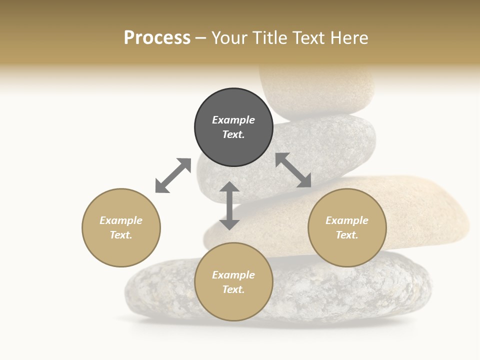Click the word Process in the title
tap(157, 38)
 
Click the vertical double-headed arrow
tap(229, 206)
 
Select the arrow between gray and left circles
tap(173, 175)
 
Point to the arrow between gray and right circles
tap(293, 170)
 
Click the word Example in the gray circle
tap(233, 120)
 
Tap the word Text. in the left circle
tap(121, 235)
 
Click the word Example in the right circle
tap(347, 220)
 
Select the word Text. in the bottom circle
tap(233, 289)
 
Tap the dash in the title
tap(201, 38)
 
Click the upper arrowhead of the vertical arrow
tap(229, 187)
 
